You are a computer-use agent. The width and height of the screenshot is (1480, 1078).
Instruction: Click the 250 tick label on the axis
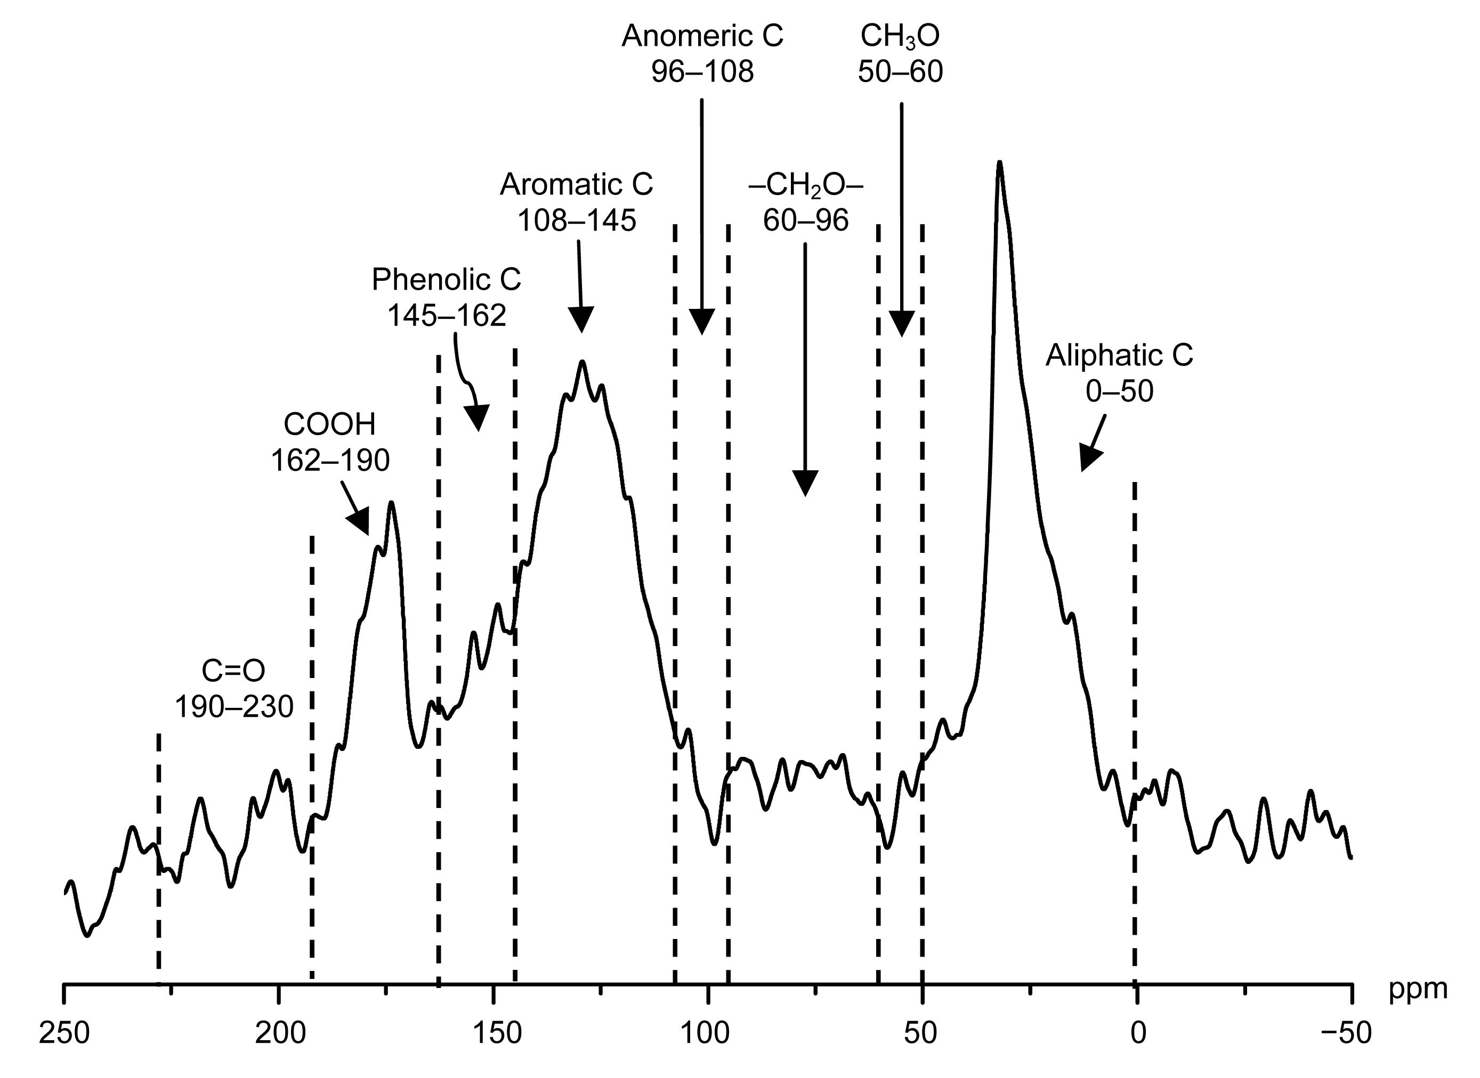pyautogui.click(x=63, y=1034)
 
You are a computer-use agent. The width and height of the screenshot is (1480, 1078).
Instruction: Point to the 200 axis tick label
pyautogui.click(x=279, y=1034)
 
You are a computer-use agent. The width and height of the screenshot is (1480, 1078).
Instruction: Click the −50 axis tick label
pyautogui.click(x=1346, y=1034)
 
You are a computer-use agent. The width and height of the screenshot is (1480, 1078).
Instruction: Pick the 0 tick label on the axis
pyautogui.click(x=1137, y=1034)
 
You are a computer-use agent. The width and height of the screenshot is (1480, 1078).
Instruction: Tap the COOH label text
pyautogui.click(x=330, y=425)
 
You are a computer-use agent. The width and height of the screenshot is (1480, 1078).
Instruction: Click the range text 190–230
pyautogui.click(x=234, y=707)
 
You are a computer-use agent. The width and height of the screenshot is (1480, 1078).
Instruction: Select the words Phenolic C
pyautogui.click(x=447, y=280)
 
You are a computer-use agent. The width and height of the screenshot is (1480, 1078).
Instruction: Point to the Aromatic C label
pyautogui.click(x=577, y=185)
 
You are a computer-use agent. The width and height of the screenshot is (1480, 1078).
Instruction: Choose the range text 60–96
pyautogui.click(x=806, y=221)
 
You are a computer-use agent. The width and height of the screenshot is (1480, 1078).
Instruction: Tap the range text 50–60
pyautogui.click(x=900, y=72)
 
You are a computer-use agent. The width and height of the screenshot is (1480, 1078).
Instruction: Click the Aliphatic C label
pyautogui.click(x=1120, y=356)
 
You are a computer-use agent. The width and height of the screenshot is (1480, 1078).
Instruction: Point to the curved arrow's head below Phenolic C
pyautogui.click(x=477, y=418)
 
